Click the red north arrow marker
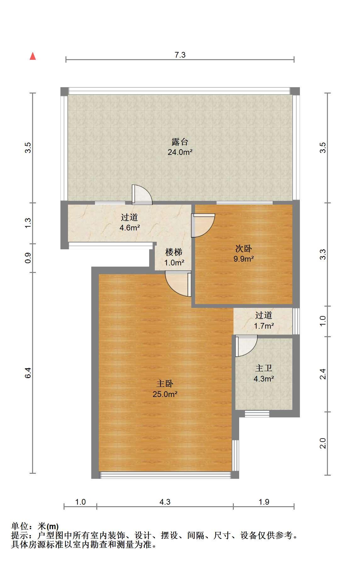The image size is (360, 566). [33, 56]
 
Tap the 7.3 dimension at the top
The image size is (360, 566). [180, 55]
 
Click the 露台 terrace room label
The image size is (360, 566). [180, 142]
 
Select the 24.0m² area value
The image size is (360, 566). [180, 152]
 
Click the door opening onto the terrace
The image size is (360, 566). [142, 195]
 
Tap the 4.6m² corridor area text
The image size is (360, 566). [130, 228]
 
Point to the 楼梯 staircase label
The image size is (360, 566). [174, 252]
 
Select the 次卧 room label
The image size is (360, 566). [244, 249]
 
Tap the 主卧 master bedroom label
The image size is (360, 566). [165, 383]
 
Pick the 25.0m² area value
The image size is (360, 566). [165, 394]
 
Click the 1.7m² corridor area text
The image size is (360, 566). [264, 326]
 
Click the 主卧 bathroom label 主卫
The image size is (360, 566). [264, 368]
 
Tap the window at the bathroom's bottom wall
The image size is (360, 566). [257, 414]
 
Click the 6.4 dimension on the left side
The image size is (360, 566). [28, 373]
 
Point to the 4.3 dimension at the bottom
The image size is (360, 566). [165, 502]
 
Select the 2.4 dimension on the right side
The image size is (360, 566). [323, 374]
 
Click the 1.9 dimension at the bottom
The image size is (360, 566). [264, 502]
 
